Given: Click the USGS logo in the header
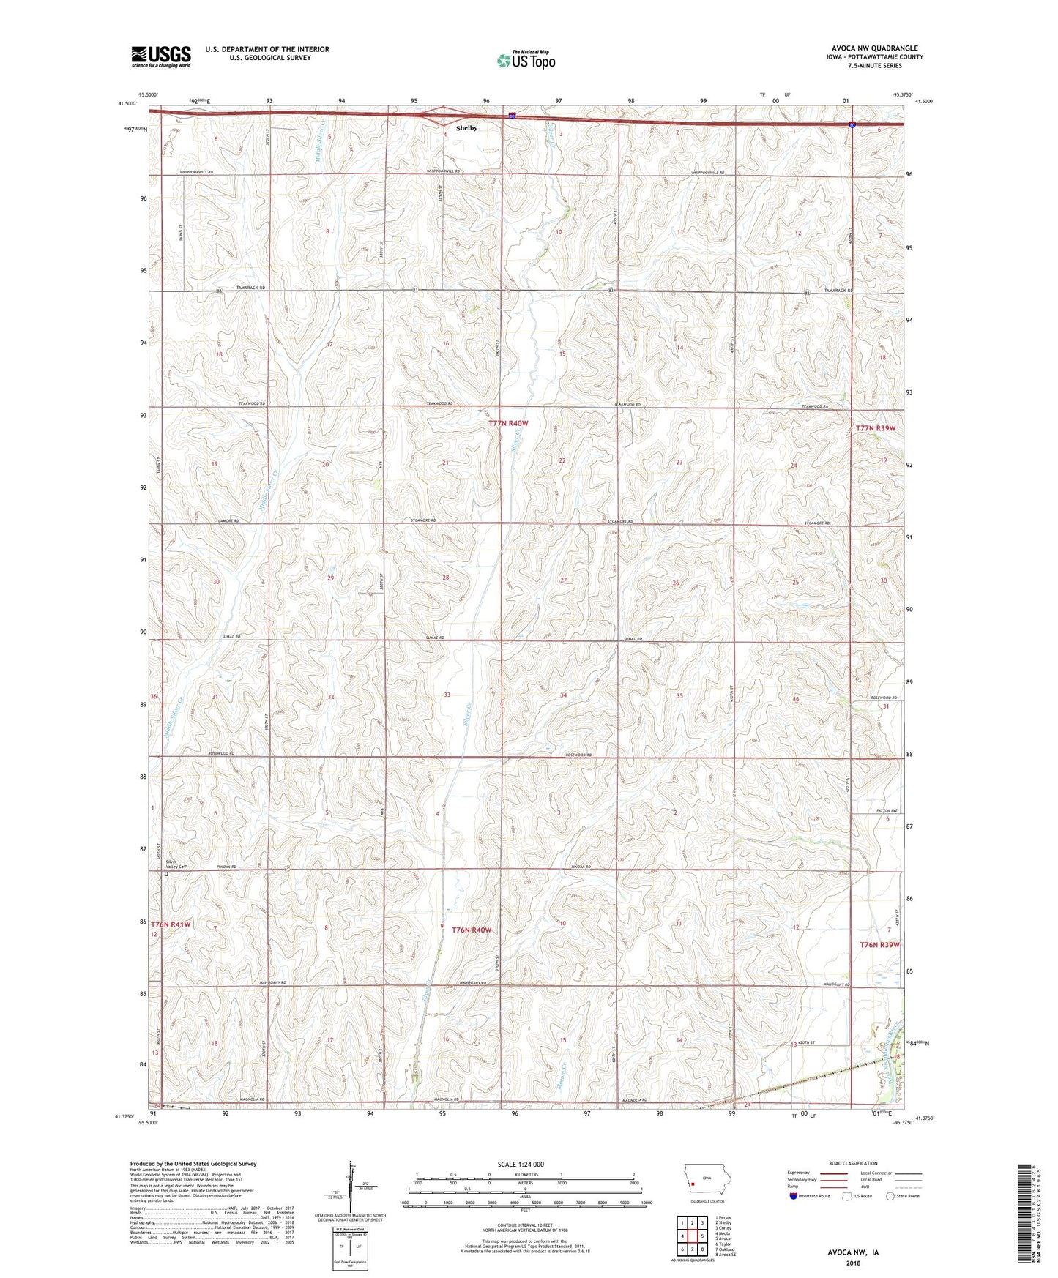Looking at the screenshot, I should (x=161, y=56).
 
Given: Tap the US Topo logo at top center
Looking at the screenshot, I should (x=526, y=60).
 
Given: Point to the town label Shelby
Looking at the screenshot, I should (x=466, y=128).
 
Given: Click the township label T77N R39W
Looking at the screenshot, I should (x=876, y=427).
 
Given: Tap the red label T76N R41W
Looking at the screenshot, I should (x=171, y=924).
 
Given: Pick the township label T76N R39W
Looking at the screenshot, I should (x=879, y=945).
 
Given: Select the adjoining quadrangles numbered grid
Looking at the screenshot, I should (x=692, y=1237).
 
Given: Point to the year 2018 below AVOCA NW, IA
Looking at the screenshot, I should (x=852, y=1263).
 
